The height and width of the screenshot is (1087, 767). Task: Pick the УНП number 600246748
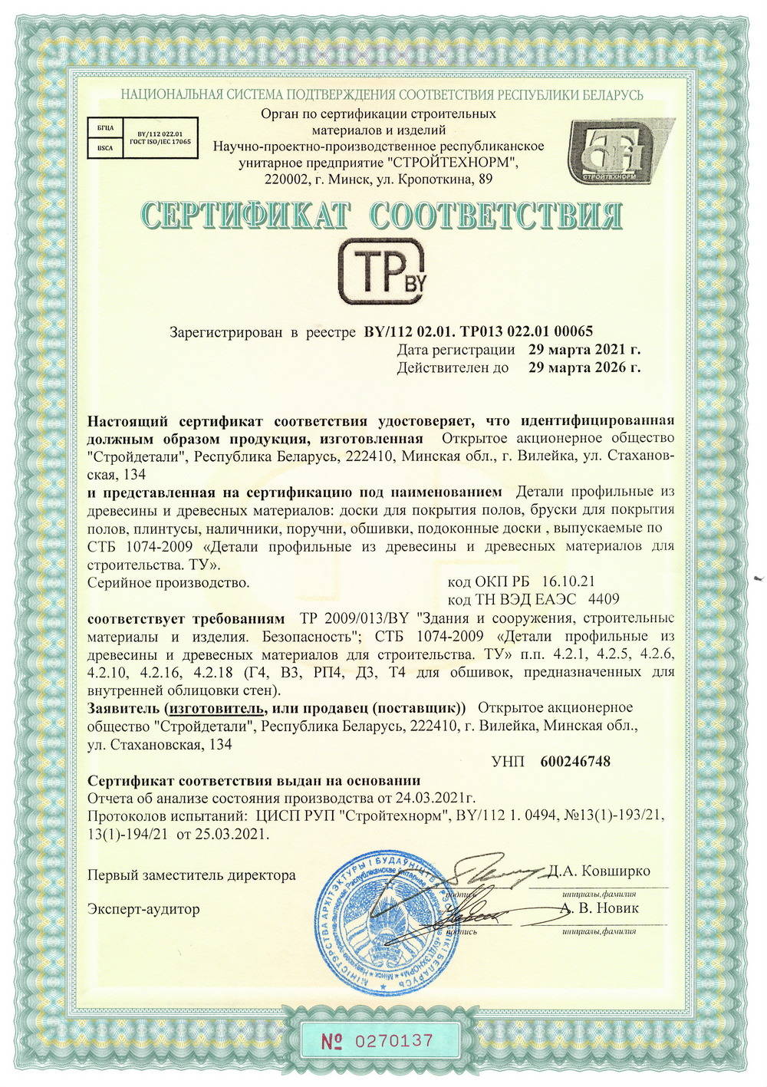[x=575, y=761]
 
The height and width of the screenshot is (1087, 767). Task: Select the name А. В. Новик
[x=599, y=907]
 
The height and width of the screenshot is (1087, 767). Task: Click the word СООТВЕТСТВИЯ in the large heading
[x=495, y=216]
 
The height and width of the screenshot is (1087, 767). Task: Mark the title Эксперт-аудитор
[x=143, y=909]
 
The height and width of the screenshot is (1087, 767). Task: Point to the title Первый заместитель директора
[x=191, y=875]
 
